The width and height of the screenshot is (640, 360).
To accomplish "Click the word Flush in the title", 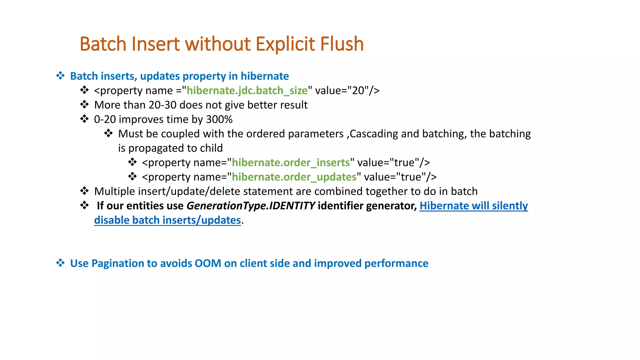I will [x=342, y=44].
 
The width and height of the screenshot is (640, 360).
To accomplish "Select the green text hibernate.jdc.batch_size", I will [x=247, y=91].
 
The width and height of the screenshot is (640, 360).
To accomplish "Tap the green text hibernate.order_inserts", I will [x=291, y=162].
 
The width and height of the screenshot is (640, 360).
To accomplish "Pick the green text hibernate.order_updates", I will [x=294, y=177].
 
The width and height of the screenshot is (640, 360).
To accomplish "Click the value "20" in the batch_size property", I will [x=358, y=91].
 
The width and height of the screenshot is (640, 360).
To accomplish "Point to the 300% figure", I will [x=219, y=119].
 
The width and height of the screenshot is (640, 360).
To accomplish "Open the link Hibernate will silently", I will [x=473, y=206].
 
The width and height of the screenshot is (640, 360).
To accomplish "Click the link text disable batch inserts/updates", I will [x=167, y=220].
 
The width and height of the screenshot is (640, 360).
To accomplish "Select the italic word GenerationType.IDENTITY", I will [x=251, y=206].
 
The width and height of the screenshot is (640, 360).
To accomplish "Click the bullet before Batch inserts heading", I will [x=60, y=76].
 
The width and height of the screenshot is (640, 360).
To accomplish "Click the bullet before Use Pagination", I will [x=60, y=263].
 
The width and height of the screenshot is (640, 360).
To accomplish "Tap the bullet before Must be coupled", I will [x=108, y=133].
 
